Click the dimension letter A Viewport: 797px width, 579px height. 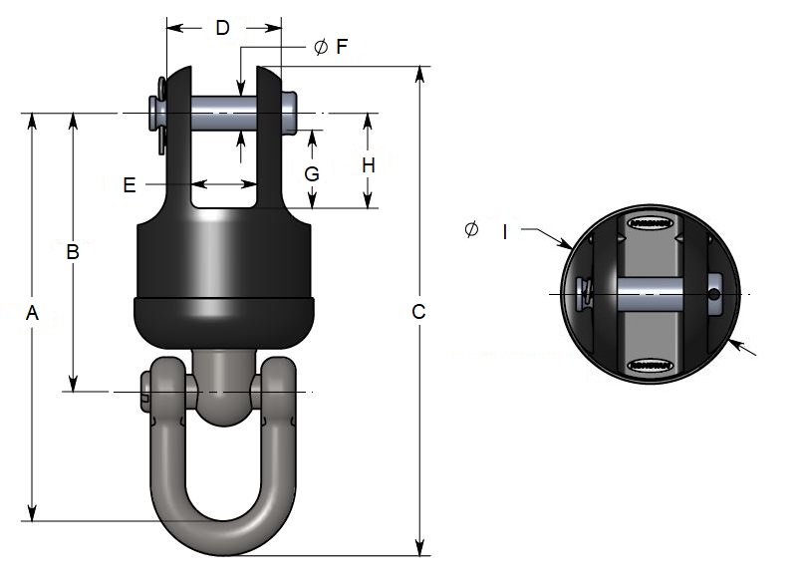click(x=32, y=313)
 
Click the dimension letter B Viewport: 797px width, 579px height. click(x=72, y=252)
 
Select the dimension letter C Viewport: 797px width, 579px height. click(x=418, y=312)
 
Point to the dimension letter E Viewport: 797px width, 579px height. click(x=129, y=184)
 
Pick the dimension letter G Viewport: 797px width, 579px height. click(x=312, y=173)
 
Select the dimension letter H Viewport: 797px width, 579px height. click(x=369, y=164)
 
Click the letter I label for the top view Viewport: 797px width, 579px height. click(x=505, y=232)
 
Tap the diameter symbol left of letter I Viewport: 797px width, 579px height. click(x=471, y=230)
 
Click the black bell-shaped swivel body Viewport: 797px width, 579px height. click(x=223, y=269)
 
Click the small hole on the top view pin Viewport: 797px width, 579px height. click(x=713, y=294)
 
